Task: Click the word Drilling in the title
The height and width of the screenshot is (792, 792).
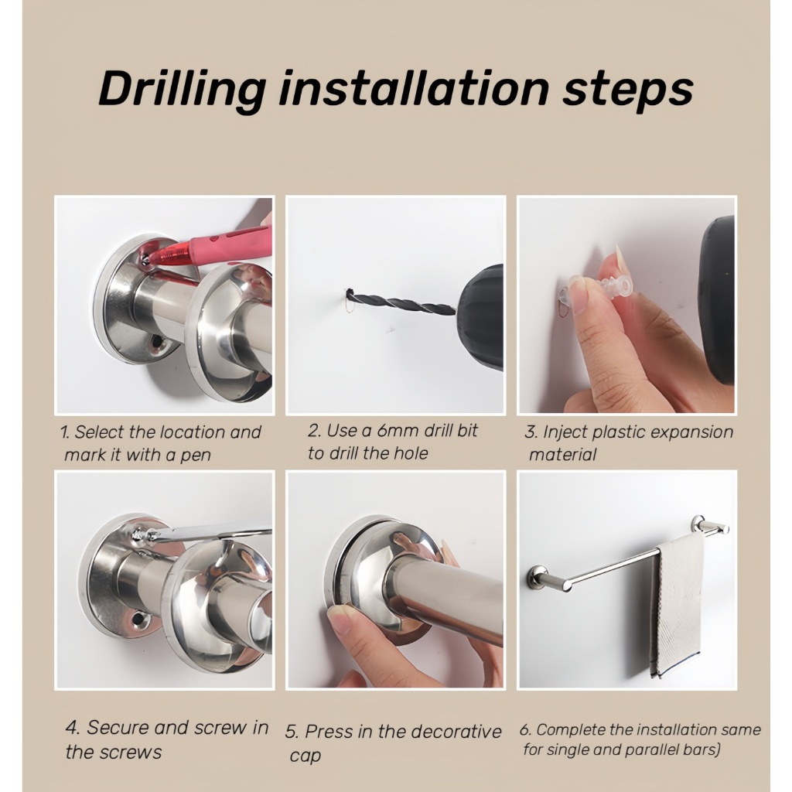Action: (x=183, y=90)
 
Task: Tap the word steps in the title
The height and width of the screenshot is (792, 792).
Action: (x=628, y=92)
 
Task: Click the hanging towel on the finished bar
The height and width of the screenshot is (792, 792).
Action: (x=677, y=606)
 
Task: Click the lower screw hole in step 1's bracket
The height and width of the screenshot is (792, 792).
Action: (x=155, y=343)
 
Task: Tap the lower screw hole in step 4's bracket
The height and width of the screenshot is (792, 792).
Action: (x=138, y=620)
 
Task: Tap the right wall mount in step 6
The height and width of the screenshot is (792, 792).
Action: (x=698, y=523)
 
